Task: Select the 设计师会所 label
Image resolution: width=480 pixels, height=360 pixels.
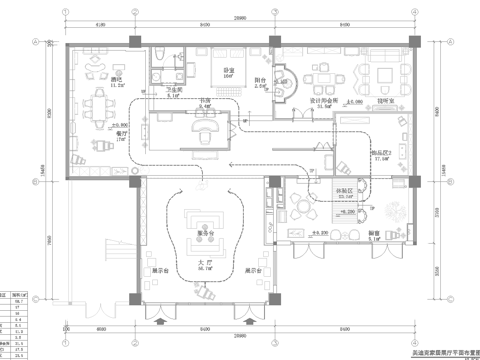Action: (x=323, y=101)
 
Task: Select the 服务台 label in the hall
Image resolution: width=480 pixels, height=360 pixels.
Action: (x=207, y=235)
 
